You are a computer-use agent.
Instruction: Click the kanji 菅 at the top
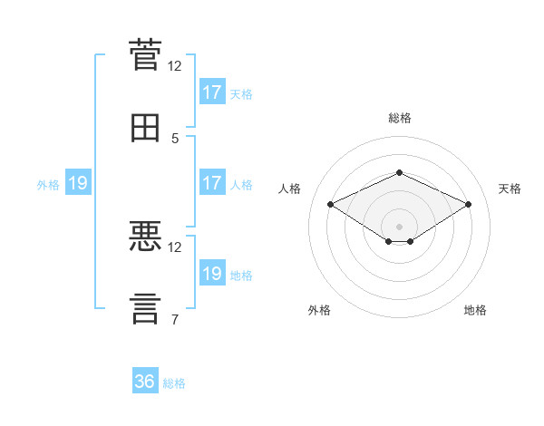pos(145,54)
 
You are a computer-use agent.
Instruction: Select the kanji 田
pos(145,128)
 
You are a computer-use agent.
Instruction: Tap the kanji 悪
pos(145,236)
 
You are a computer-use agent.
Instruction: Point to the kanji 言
pos(145,309)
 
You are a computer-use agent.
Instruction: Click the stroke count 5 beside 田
pos(175,139)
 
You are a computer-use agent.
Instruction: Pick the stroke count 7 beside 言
pos(175,319)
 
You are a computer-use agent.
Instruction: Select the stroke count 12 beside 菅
pos(174,66)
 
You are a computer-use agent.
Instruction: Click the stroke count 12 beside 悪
pos(174,247)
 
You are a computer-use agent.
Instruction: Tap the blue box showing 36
pos(145,380)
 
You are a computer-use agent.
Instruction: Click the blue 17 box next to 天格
pos(213,92)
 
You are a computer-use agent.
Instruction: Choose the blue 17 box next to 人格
pos(213,182)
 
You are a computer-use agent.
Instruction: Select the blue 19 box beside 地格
pos(213,272)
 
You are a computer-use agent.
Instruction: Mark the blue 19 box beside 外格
pos(78,182)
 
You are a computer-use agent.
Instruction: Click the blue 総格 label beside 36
pos(174,383)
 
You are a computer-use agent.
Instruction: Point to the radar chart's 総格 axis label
pos(400,118)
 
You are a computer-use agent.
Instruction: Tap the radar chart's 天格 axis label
pos(510,189)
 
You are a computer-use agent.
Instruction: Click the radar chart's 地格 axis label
pos(475,310)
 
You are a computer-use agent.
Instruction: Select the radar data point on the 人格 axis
pos(331,204)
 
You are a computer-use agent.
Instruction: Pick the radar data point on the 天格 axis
pos(469,204)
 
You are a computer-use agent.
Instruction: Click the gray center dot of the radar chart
pos(399,227)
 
